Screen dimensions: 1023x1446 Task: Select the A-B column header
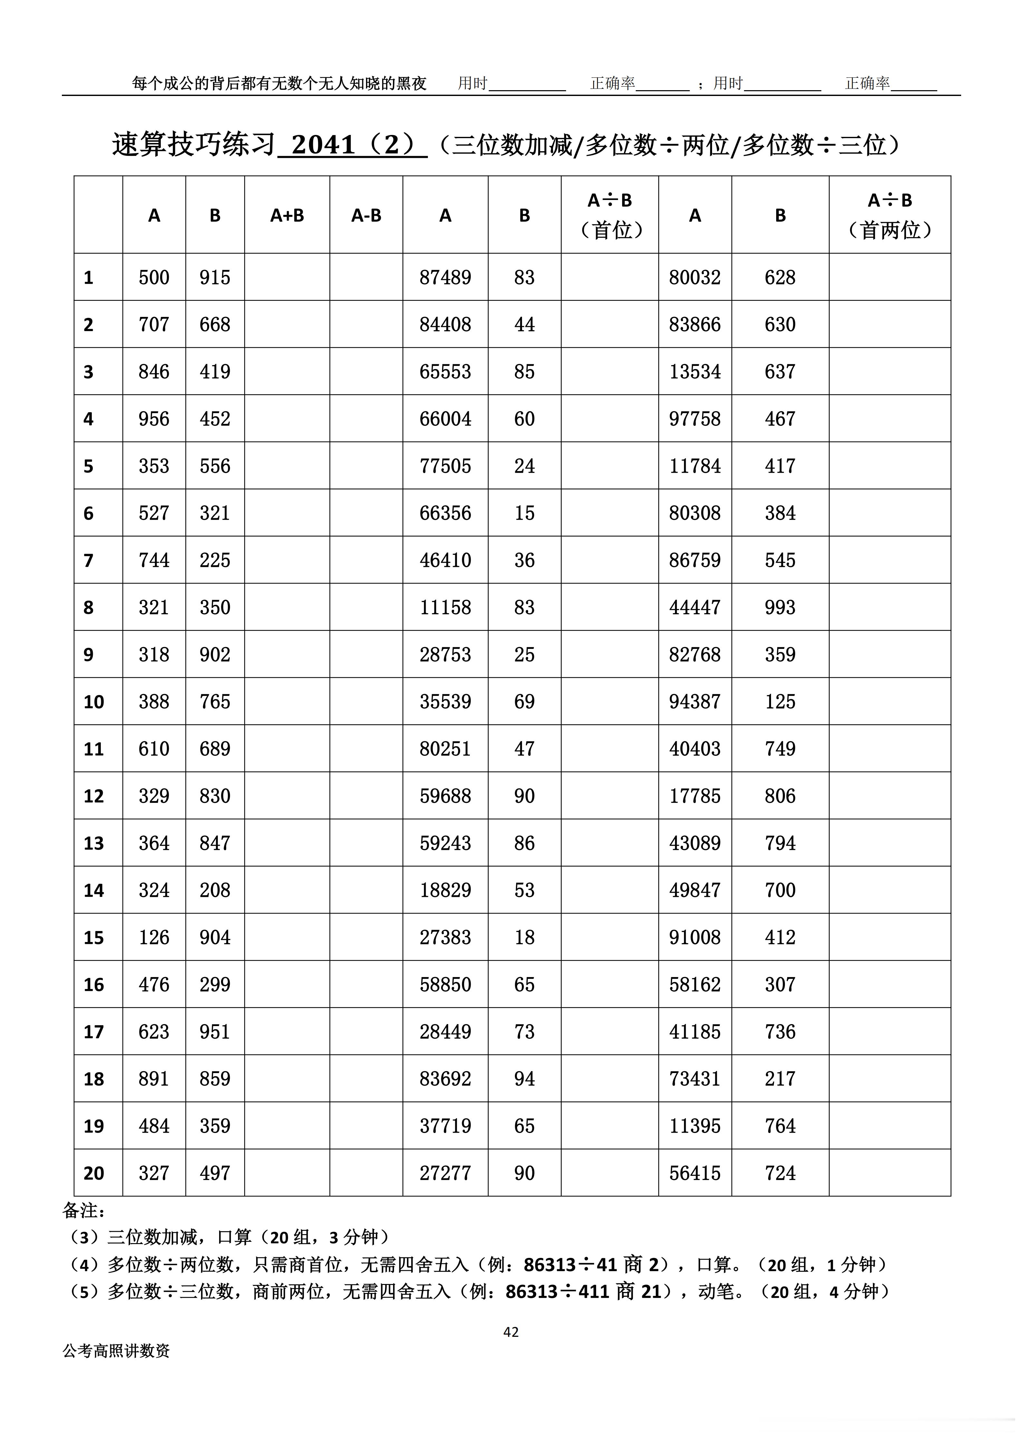point(366,215)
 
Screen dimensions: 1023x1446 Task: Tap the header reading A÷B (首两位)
point(890,215)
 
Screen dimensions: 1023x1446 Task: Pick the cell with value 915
point(215,277)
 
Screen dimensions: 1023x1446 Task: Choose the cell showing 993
point(780,607)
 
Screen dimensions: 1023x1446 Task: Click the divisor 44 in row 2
point(524,324)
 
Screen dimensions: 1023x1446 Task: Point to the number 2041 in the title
point(324,145)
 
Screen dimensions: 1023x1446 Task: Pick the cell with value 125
point(780,702)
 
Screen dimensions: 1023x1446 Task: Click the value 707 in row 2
point(154,324)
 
